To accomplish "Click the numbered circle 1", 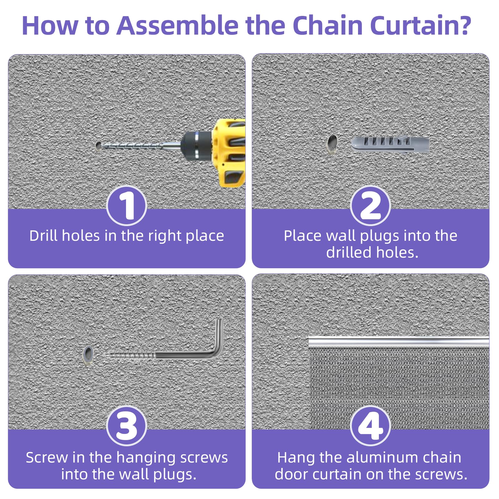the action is [x=127, y=206].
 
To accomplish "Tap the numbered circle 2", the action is [x=371, y=206].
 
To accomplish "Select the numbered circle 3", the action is [x=127, y=426].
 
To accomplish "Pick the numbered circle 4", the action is [x=371, y=426].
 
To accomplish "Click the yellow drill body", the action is [x=229, y=153].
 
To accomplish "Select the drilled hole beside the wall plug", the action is [x=332, y=144].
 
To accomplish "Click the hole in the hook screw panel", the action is [x=88, y=355].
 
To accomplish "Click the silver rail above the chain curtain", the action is [x=399, y=342].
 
